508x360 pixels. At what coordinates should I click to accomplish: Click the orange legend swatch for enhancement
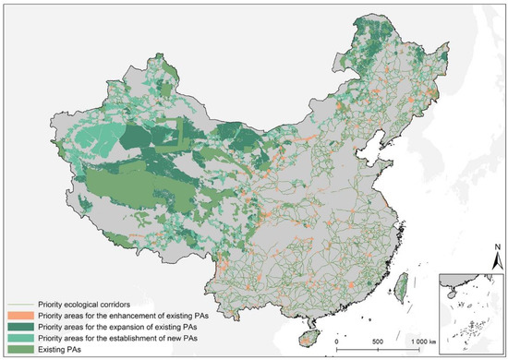[x=19, y=314]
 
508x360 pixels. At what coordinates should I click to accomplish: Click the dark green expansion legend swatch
[x=19, y=324]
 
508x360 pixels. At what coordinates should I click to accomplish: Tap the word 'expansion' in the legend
[x=130, y=324]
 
